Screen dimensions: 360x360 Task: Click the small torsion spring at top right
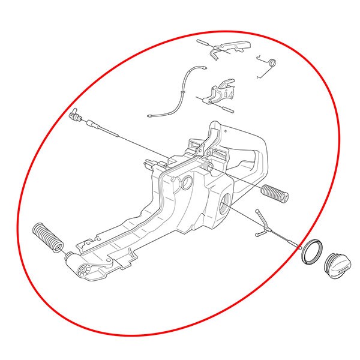click(268, 65)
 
